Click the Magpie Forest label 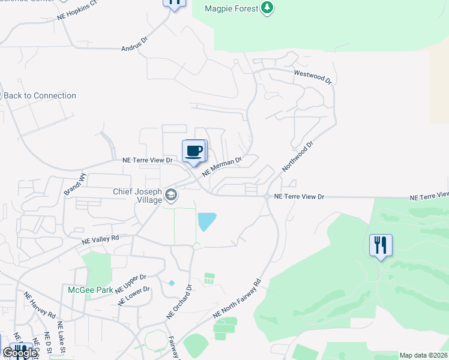point(231,8)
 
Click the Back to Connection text point(40,95)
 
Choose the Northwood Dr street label point(298,156)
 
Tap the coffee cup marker point(194,151)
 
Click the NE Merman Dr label point(221,166)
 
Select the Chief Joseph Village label point(137,196)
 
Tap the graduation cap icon point(171,194)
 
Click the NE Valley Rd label point(100,239)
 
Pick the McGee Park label point(91,290)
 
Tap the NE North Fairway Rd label point(237,299)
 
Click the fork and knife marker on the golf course point(381,245)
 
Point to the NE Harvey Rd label point(40,307)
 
